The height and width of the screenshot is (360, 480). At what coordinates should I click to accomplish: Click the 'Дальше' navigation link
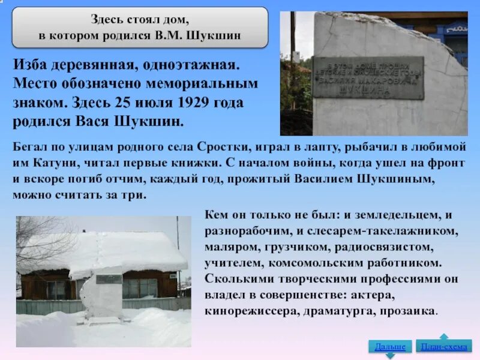[x=389, y=346]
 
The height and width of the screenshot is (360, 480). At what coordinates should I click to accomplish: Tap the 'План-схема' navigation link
[x=445, y=346]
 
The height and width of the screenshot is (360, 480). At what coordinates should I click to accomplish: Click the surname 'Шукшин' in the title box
[x=218, y=35]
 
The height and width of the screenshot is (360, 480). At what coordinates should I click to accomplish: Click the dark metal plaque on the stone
[x=367, y=77]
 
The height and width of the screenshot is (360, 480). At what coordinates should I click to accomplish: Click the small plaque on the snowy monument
[x=108, y=279]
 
